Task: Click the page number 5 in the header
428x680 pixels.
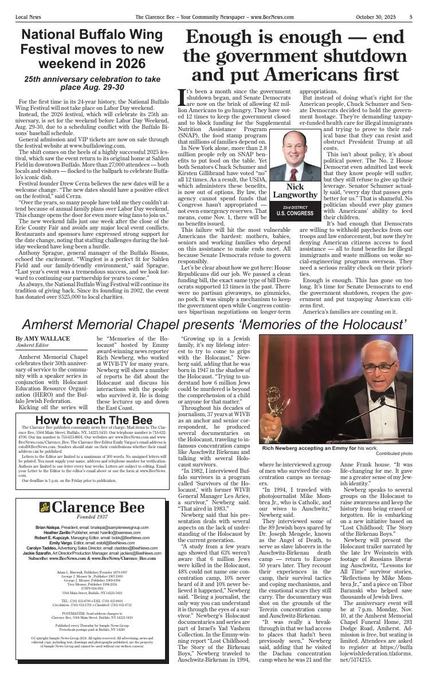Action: (411, 17)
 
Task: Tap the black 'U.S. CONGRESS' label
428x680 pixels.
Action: (295, 213)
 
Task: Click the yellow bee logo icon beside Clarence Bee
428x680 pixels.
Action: (45, 507)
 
